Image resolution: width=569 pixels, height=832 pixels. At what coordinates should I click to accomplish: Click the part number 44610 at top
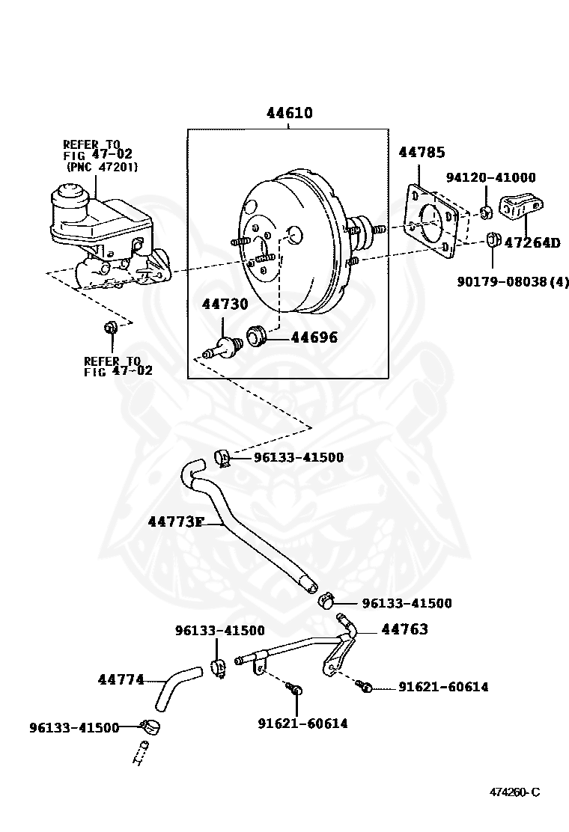[x=289, y=114]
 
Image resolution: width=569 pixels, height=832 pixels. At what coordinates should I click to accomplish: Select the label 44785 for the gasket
[x=421, y=153]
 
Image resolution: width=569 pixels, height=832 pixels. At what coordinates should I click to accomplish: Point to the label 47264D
[x=532, y=242]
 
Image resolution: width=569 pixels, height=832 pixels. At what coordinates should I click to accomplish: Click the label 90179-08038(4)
[x=513, y=282]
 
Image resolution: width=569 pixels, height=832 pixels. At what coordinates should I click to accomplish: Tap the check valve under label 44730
[x=223, y=347]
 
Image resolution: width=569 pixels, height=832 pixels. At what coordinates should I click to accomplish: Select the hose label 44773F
[x=175, y=521]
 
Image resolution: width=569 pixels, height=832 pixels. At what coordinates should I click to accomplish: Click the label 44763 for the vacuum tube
[x=404, y=629]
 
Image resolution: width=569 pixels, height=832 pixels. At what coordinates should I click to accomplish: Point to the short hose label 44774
[x=121, y=680]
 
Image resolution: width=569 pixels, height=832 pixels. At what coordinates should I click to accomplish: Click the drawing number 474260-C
[x=514, y=792]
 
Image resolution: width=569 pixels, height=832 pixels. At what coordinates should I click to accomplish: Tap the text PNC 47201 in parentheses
[x=102, y=167]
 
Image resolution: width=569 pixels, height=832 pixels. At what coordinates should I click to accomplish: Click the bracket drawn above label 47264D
[x=521, y=206]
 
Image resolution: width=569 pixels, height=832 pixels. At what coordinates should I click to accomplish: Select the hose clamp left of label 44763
[x=326, y=601]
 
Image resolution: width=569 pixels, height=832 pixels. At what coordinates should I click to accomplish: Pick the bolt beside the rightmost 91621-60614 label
[x=365, y=685]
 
